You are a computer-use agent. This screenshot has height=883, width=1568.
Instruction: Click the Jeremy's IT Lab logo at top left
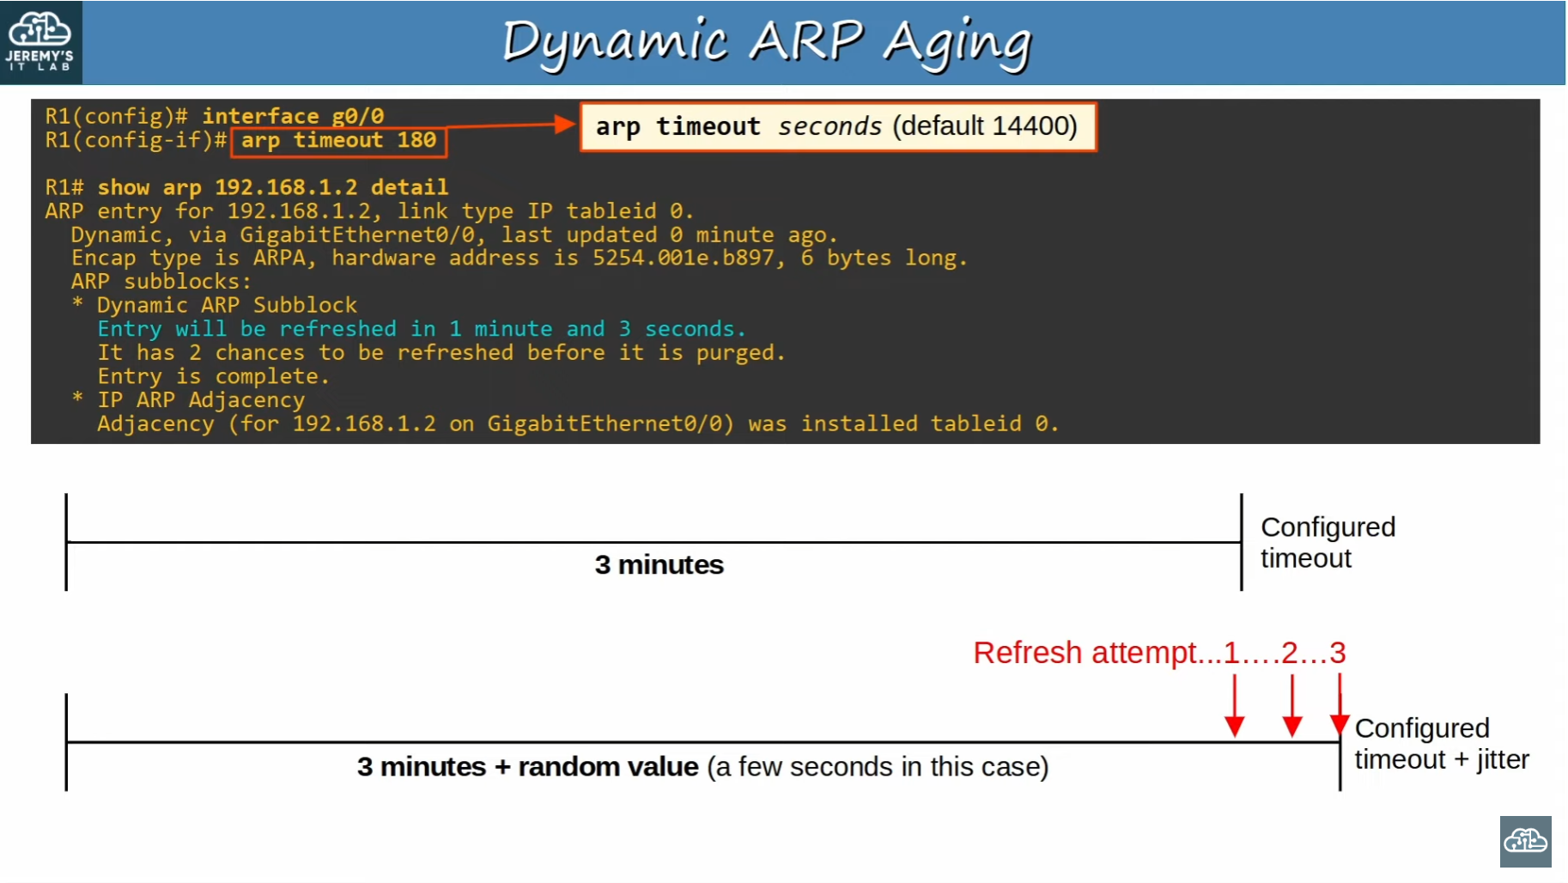click(x=40, y=42)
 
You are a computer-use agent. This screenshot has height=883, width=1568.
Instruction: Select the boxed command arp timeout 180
click(x=338, y=140)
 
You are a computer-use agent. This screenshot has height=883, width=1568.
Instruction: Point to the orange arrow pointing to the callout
click(x=510, y=125)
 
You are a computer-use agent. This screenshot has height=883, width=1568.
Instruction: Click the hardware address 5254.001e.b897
click(x=683, y=258)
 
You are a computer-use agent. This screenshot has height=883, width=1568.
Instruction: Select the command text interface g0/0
click(x=293, y=116)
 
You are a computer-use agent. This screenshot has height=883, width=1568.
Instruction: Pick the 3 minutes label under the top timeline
click(x=659, y=564)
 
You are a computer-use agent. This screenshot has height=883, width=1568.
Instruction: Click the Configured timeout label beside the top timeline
click(x=1328, y=543)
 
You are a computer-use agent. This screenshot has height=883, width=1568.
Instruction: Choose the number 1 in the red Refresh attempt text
click(x=1231, y=653)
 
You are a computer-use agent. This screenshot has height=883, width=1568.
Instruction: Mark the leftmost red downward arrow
click(x=1235, y=706)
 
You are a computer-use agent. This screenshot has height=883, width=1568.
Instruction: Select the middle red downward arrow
click(x=1291, y=706)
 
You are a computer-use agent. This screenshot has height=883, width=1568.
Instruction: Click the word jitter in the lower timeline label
click(x=1503, y=760)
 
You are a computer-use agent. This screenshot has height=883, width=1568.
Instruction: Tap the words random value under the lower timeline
click(x=608, y=766)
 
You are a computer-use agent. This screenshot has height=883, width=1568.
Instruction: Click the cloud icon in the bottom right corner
click(x=1526, y=842)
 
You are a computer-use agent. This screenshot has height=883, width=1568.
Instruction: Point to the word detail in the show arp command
click(x=410, y=187)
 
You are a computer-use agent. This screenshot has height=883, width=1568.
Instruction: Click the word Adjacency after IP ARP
click(x=246, y=400)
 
